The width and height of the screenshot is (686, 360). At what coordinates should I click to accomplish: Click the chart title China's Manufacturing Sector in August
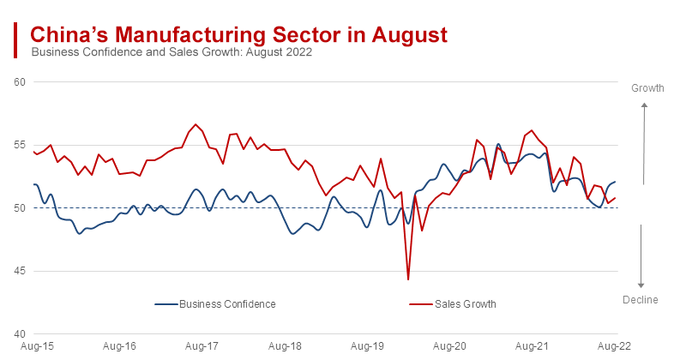[238, 35]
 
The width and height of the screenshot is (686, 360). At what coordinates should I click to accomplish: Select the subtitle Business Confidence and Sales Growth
[171, 52]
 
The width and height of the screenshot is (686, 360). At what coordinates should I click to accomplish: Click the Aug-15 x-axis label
[35, 347]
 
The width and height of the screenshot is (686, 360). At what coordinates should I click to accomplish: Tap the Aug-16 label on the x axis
[118, 347]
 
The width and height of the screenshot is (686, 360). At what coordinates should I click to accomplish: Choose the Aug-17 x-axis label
[202, 347]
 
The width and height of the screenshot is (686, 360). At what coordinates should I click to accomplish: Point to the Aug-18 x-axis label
[284, 347]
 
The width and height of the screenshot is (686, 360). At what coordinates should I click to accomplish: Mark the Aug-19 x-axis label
[367, 347]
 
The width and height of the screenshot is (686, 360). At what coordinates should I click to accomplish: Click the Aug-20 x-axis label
[449, 347]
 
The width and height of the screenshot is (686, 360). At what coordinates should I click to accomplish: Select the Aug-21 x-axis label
[533, 347]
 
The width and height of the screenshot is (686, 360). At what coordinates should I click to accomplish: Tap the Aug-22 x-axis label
[615, 347]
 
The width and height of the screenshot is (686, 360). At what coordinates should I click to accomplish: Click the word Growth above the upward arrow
[647, 88]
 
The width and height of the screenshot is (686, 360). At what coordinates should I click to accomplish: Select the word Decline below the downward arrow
[641, 299]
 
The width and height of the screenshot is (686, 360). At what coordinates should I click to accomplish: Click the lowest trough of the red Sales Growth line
[408, 279]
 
